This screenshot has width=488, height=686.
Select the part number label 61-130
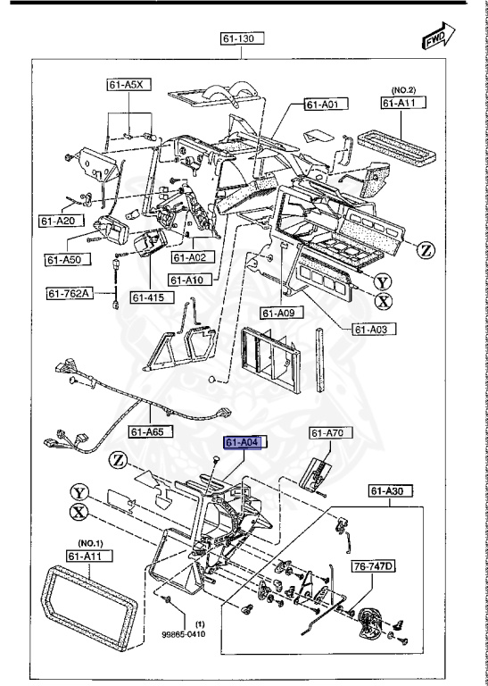pyautogui.click(x=243, y=38)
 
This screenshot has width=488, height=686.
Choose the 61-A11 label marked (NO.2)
pyautogui.click(x=402, y=104)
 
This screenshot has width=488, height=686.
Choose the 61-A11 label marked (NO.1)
pyautogui.click(x=86, y=555)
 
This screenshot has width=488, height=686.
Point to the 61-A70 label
pyautogui.click(x=327, y=433)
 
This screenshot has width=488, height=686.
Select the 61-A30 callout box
pyautogui.click(x=391, y=490)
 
